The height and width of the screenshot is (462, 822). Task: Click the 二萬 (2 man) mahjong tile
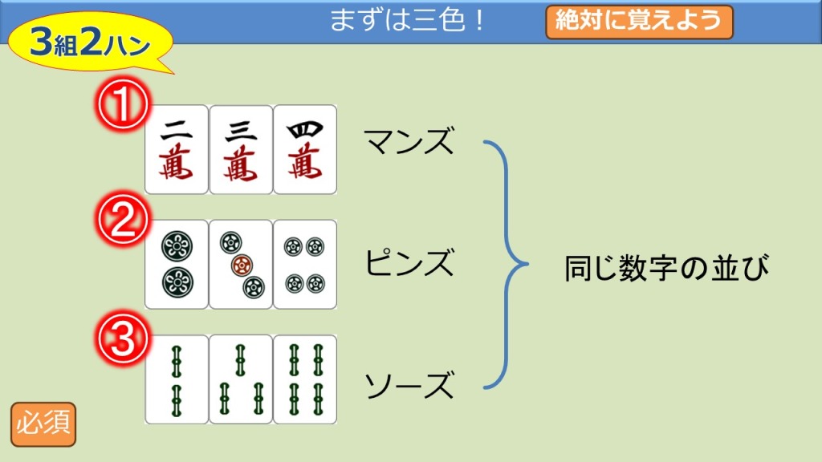(176, 149)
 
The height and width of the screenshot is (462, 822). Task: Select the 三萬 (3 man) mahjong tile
(240, 149)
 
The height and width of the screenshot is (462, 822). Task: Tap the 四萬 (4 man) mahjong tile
(304, 149)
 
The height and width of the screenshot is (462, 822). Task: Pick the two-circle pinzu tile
(176, 264)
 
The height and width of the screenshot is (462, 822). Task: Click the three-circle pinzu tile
(240, 264)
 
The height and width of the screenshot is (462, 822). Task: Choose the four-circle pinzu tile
(304, 264)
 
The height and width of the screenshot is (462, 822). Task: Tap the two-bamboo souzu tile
(176, 379)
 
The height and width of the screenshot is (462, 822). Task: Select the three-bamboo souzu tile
(240, 379)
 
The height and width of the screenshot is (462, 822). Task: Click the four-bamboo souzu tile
(304, 379)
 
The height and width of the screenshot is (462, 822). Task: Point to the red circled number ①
(121, 104)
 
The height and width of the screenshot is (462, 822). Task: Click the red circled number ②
(121, 221)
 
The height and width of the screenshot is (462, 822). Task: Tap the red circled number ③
(121, 340)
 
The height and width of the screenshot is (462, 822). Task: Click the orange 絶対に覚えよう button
(639, 22)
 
